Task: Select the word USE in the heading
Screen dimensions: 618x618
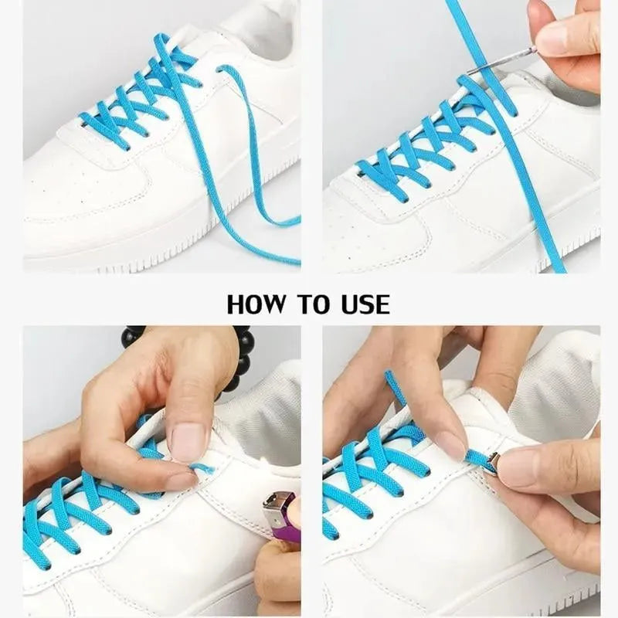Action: (361, 304)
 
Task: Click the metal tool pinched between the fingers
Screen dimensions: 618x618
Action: (502, 61)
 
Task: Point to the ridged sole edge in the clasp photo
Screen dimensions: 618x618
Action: (556, 587)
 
